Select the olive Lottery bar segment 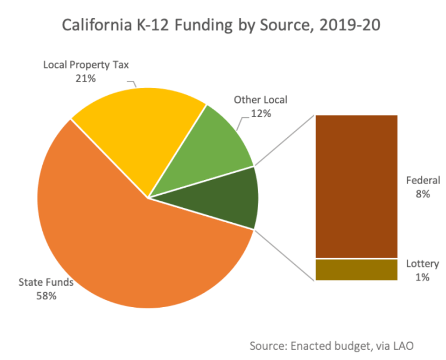tap(356, 270)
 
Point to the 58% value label tap(46, 295)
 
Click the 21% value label tap(86, 78)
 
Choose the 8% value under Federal tap(423, 194)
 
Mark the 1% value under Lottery tap(423, 277)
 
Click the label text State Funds tap(46, 282)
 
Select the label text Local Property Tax tap(86, 65)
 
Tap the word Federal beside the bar tap(423, 181)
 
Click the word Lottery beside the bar tap(423, 264)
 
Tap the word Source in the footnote tap(268, 345)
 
